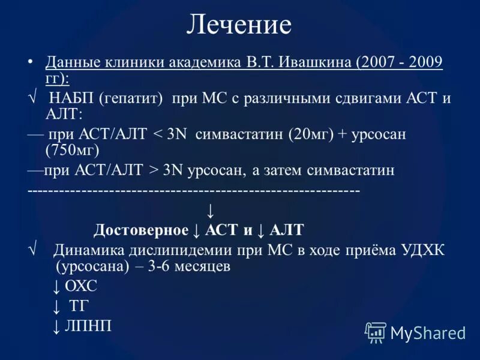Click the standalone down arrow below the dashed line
(210, 211)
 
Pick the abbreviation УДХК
(423, 250)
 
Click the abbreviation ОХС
(80, 286)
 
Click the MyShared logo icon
(376, 332)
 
